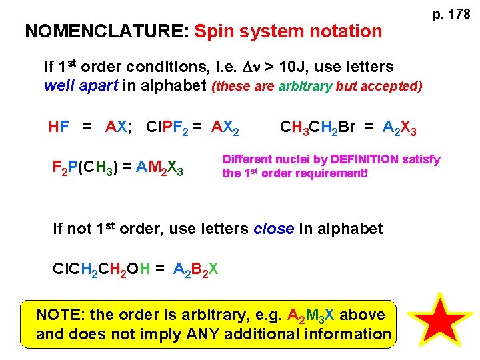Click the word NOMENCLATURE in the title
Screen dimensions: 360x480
[x=107, y=31]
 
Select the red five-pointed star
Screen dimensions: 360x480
[x=440, y=321]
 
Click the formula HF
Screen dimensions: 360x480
[x=59, y=126]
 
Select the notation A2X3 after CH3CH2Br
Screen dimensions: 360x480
[x=399, y=127]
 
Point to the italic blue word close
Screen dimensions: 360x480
[x=273, y=229]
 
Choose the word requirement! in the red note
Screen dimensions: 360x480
[x=331, y=174]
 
